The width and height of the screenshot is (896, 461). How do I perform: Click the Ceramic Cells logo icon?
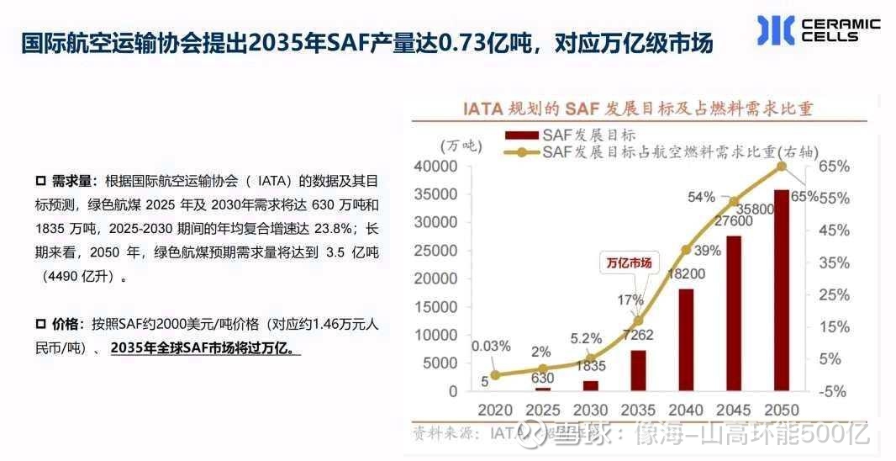775,30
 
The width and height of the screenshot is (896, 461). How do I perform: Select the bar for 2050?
781,290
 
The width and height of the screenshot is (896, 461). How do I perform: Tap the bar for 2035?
638,370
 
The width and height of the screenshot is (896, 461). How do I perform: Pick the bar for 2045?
733,313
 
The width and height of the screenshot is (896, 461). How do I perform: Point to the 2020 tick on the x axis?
495,410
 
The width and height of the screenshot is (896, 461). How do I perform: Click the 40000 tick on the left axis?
435,167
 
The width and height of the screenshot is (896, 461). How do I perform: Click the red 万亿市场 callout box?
629,262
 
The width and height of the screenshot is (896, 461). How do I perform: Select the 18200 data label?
685,274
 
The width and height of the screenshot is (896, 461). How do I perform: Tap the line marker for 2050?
782,167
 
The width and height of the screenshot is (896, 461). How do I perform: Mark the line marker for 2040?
686,250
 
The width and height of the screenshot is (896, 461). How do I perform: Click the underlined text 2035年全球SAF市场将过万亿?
204,347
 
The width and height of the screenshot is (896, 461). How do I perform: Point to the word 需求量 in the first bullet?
74,181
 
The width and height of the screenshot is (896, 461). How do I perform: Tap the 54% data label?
702,197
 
